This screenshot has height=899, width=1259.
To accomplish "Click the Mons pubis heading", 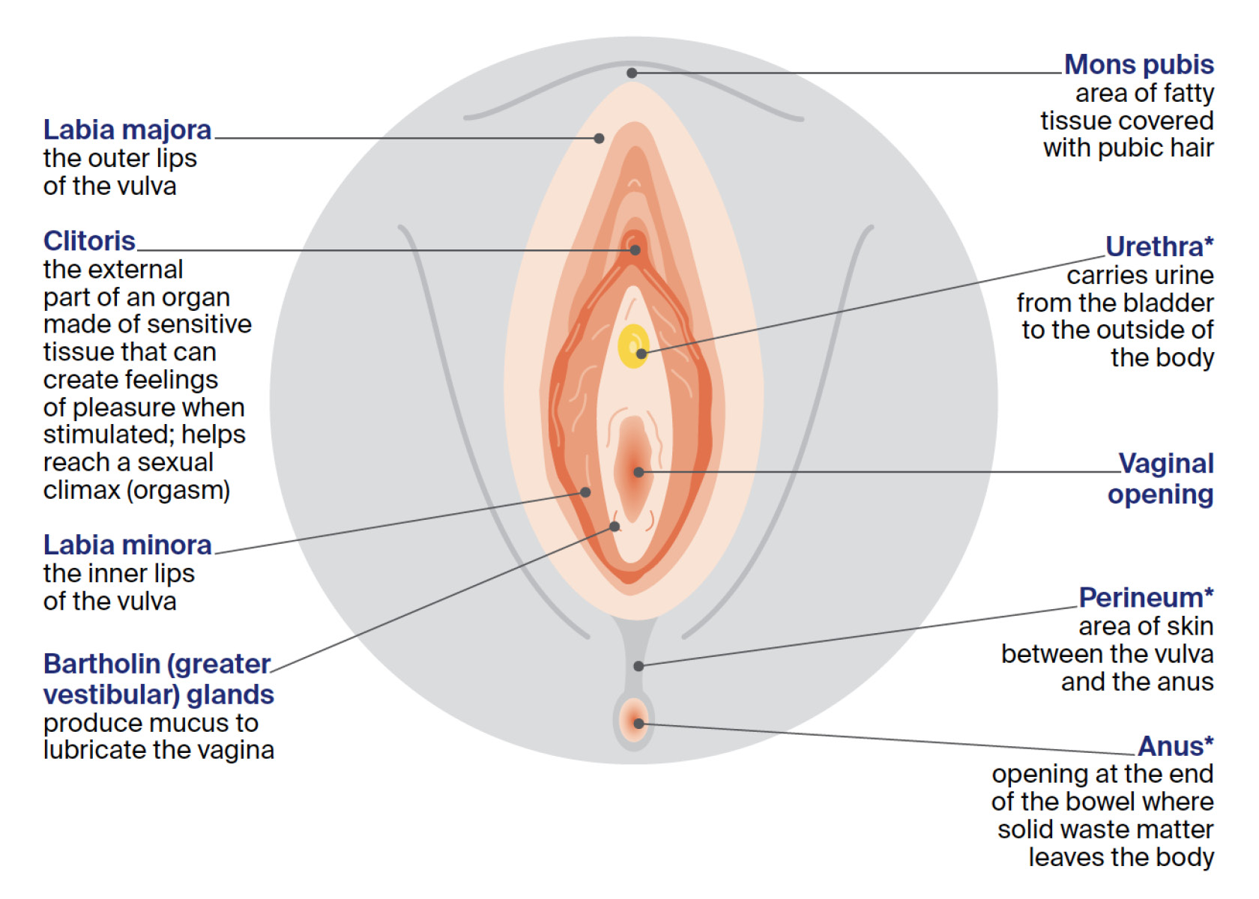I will click(x=1138, y=65).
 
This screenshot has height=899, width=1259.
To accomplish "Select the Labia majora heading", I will click(x=127, y=130).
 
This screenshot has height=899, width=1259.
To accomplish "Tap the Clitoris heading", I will click(x=89, y=241).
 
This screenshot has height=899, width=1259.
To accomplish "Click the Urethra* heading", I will click(x=1159, y=246).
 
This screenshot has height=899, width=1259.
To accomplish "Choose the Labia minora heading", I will click(x=127, y=545).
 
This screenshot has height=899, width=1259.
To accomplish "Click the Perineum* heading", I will click(x=1146, y=598).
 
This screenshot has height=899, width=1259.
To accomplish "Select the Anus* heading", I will click(x=1175, y=746).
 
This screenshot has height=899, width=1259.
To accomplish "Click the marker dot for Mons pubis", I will click(x=632, y=73).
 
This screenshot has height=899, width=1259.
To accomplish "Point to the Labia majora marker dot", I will click(x=599, y=138).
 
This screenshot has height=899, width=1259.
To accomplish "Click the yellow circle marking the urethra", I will click(x=634, y=345).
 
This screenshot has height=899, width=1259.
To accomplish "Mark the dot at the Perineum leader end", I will click(x=638, y=666).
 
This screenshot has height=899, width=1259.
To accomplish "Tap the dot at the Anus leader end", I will click(x=638, y=724).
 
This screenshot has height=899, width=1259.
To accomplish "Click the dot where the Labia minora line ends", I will click(x=585, y=492).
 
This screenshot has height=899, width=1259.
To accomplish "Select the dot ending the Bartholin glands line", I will click(x=615, y=527).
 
